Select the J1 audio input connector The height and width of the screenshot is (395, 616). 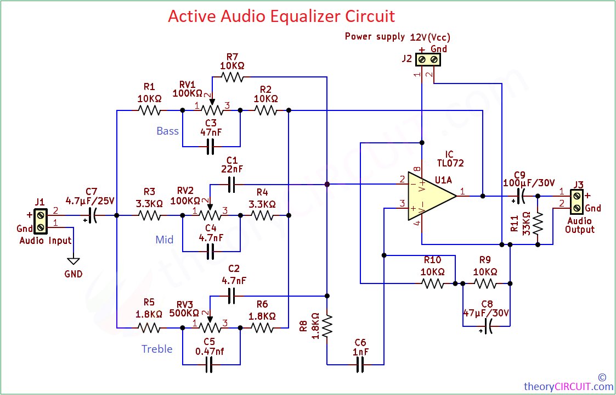39,221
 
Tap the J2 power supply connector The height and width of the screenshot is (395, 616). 428,60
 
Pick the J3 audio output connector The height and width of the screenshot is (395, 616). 577,202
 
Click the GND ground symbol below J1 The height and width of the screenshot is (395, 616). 73,261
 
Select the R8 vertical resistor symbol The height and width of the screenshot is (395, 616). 327,325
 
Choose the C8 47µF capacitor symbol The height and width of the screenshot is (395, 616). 488,326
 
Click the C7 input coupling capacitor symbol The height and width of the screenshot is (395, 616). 92,215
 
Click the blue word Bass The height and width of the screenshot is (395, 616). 168,131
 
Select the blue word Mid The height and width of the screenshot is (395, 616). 164,240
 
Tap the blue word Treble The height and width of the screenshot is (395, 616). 157,349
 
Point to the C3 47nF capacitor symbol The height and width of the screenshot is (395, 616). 211,147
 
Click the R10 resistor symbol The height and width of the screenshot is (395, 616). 433,283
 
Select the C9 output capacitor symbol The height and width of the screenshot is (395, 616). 521,196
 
